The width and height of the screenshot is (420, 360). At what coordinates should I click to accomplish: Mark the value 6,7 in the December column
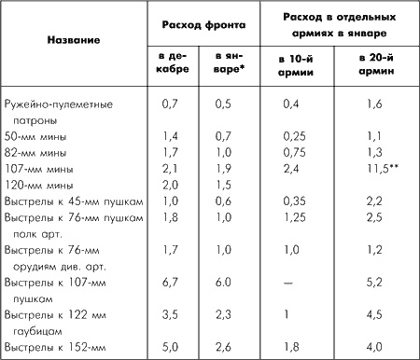(x=170, y=281)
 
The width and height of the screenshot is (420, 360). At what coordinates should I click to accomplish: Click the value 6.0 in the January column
(x=221, y=281)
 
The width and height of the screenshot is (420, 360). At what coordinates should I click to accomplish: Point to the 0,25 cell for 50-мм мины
(x=294, y=136)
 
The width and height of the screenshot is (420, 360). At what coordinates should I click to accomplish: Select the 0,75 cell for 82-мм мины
(x=294, y=152)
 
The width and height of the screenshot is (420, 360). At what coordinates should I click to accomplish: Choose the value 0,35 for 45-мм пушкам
(x=294, y=201)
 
